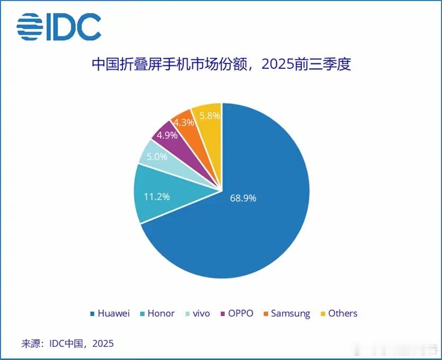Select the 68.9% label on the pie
[x=243, y=198]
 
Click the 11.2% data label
[x=157, y=196]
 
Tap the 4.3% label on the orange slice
[x=183, y=122]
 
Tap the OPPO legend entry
[x=238, y=313]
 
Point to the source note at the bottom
[x=67, y=344]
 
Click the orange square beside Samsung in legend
[x=266, y=314]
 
